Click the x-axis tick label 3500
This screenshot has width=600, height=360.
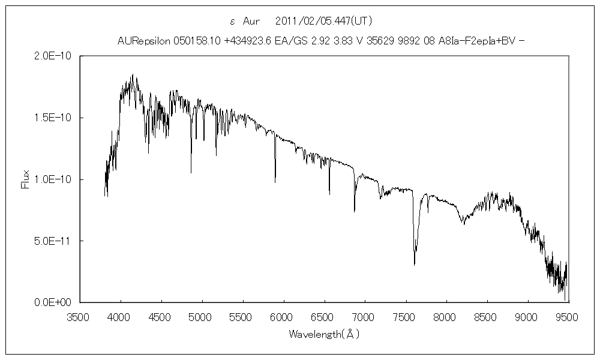[80, 316]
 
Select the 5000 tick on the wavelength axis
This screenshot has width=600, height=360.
[202, 316]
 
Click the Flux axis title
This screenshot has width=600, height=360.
[25, 179]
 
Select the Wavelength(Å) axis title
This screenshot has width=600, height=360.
[324, 334]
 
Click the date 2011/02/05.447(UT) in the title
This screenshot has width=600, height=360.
[324, 21]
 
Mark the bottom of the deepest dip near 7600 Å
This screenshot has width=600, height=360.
[415, 265]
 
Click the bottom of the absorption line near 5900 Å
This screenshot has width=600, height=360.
[275, 182]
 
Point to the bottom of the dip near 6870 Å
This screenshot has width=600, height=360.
[354, 211]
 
